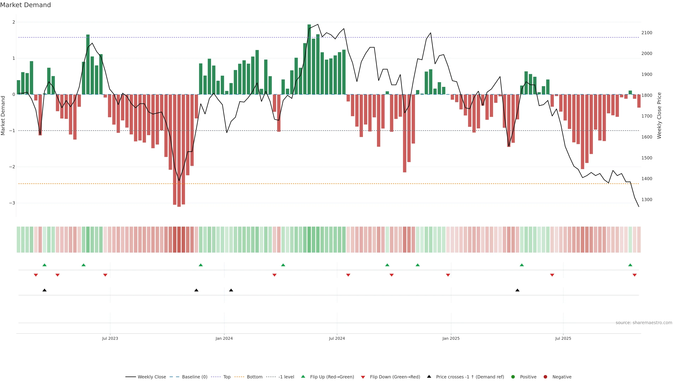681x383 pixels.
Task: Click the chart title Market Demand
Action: point(25,5)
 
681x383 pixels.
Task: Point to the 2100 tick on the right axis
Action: point(647,33)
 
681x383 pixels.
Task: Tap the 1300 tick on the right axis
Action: point(647,199)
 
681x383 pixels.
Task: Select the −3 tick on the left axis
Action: point(12,203)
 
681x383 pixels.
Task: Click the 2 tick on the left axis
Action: point(14,22)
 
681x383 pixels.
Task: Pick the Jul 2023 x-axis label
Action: point(110,338)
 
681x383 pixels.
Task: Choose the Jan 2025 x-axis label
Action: point(451,338)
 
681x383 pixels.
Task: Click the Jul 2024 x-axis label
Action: point(337,338)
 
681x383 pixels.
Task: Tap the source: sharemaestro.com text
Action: point(644,323)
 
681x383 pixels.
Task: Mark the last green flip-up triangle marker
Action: point(630,265)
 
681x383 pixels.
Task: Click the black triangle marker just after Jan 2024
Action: point(231,290)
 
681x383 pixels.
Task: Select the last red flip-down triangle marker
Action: point(635,275)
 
